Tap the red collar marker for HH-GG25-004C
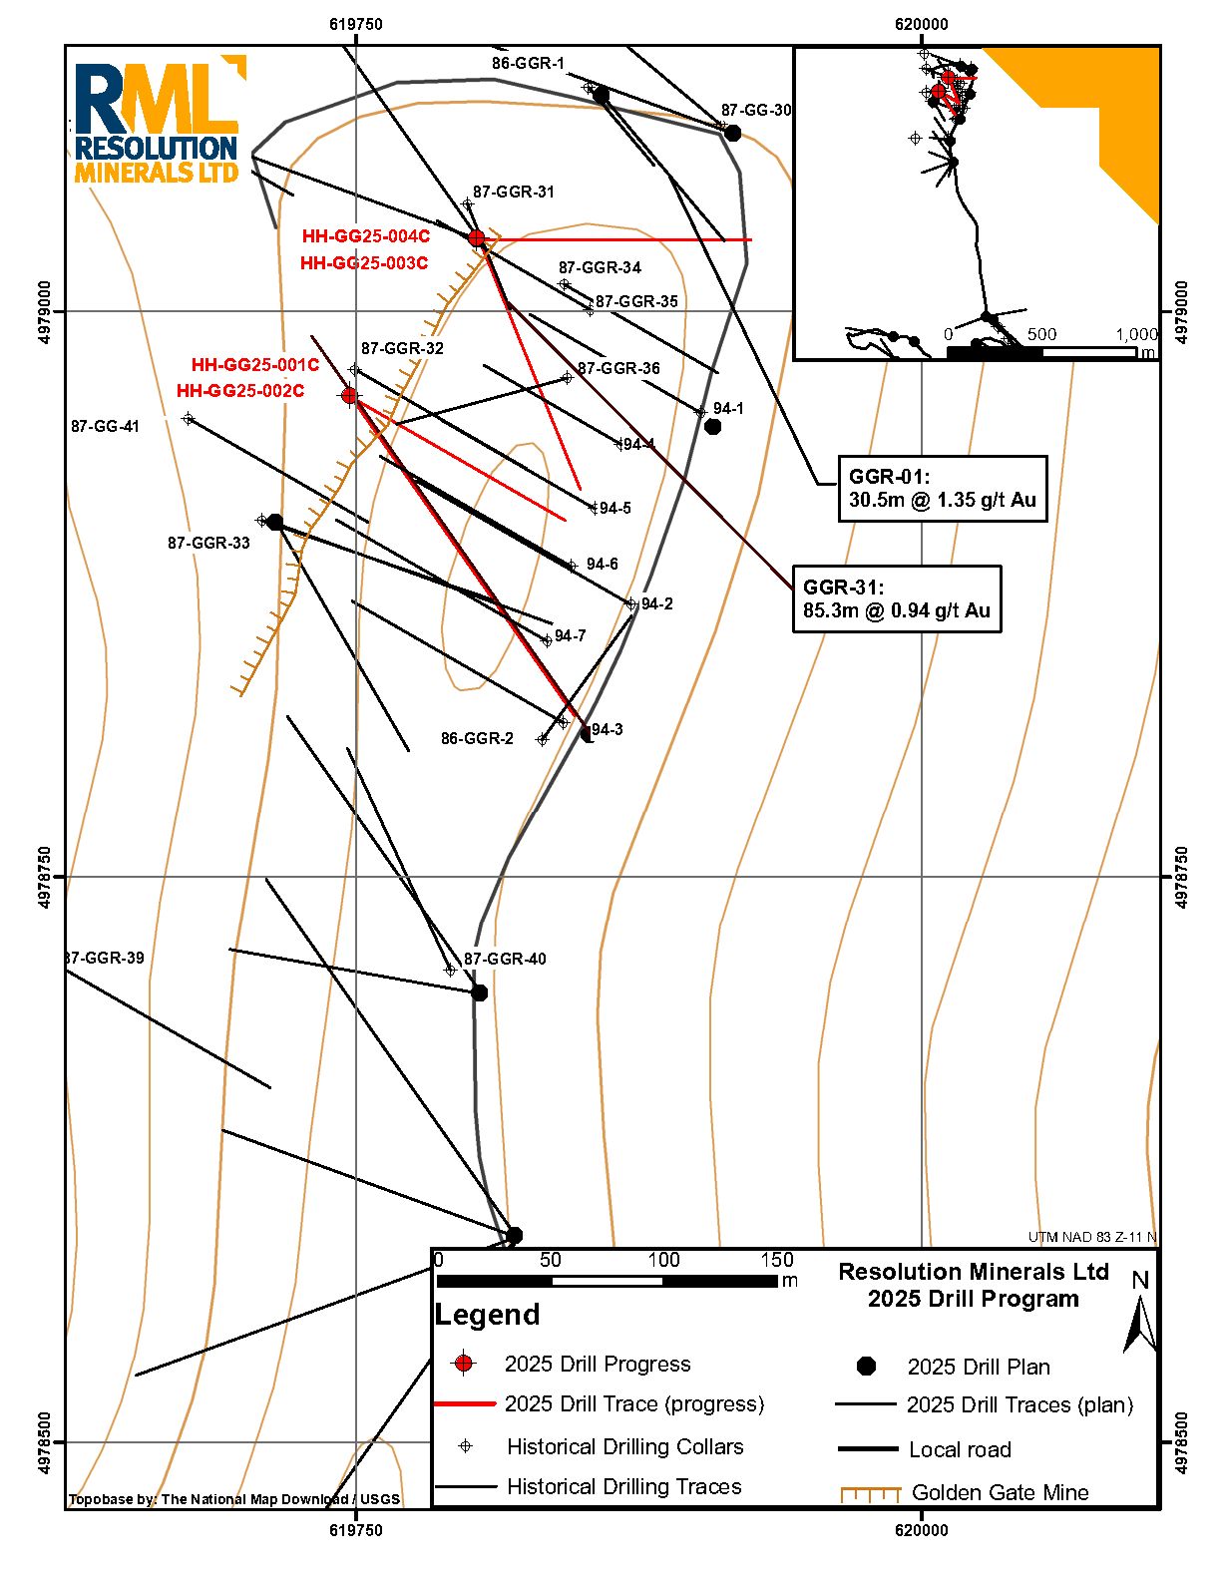pyautogui.click(x=477, y=238)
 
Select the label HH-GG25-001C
pyautogui.click(x=255, y=365)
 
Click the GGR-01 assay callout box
pyautogui.click(x=942, y=489)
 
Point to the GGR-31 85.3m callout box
pyautogui.click(x=896, y=598)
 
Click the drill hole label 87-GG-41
pyautogui.click(x=105, y=427)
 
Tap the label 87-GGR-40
pyautogui.click(x=505, y=960)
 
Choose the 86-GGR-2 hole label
pyautogui.click(x=477, y=739)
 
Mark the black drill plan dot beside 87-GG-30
pyautogui.click(x=733, y=134)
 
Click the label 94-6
pyautogui.click(x=603, y=565)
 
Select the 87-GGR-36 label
pyautogui.click(x=618, y=369)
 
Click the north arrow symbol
pyautogui.click(x=1139, y=1317)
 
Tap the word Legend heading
pyautogui.click(x=488, y=1315)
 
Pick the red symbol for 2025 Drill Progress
pyautogui.click(x=463, y=1364)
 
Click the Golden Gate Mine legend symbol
pyautogui.click(x=870, y=1493)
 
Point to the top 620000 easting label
pyautogui.click(x=921, y=25)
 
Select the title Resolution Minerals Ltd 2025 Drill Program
pyautogui.click(x=973, y=1285)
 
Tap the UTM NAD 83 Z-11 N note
pyautogui.click(x=1092, y=1238)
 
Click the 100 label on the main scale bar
pyautogui.click(x=663, y=1260)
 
